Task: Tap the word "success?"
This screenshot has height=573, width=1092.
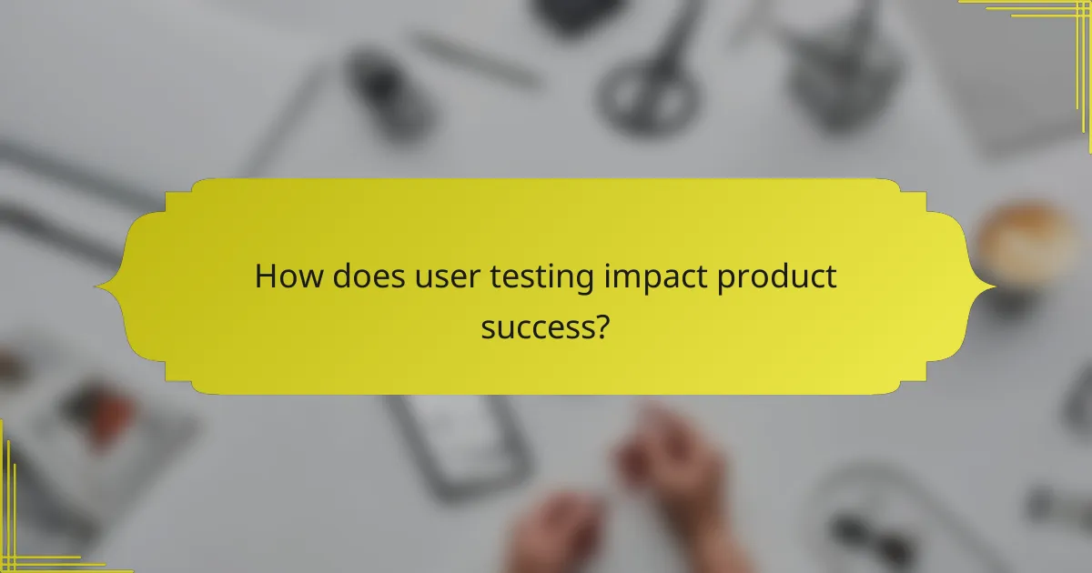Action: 545,327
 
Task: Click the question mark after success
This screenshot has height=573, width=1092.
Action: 602,326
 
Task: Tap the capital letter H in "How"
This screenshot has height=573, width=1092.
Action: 265,276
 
